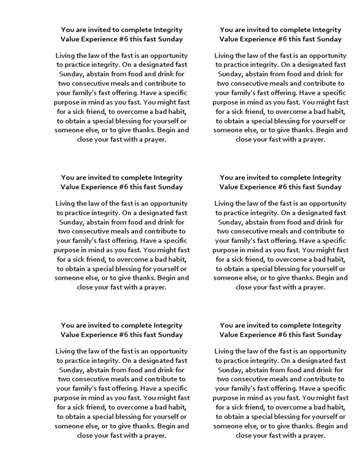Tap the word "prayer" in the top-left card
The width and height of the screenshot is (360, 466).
coord(155,139)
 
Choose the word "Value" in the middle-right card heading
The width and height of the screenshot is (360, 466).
coord(229,187)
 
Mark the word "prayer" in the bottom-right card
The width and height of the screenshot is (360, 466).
coord(314,436)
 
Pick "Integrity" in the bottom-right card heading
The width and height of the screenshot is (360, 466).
coord(327,325)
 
